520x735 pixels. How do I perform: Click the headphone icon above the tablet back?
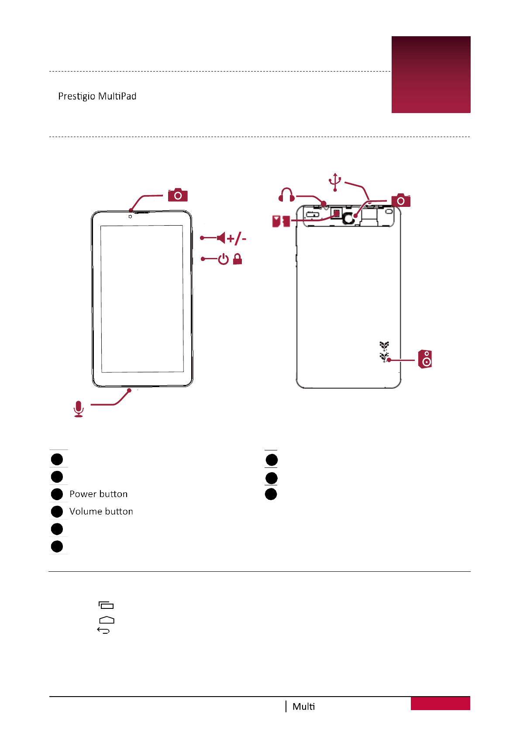[x=286, y=195]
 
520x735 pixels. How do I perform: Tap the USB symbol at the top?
[x=335, y=182]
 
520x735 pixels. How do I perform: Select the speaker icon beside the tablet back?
[x=425, y=359]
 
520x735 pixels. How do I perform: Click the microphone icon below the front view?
[x=79, y=409]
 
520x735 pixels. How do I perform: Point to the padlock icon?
[x=238, y=259]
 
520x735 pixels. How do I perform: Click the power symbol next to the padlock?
[x=223, y=259]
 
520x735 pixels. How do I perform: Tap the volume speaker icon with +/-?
[x=221, y=238]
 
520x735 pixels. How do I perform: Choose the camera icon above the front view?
[x=178, y=195]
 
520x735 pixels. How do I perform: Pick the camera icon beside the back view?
[x=401, y=200]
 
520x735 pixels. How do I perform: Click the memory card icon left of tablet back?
[x=281, y=221]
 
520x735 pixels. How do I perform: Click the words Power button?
[x=98, y=494]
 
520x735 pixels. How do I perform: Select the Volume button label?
[x=101, y=512]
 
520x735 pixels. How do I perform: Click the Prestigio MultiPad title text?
[x=97, y=96]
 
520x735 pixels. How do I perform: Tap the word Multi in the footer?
[x=303, y=707]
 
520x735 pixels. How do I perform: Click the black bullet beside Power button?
[x=57, y=494]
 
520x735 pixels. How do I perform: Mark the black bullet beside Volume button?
[x=57, y=512]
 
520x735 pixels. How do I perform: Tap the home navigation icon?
[x=107, y=620]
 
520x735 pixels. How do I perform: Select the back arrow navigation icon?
[x=103, y=630]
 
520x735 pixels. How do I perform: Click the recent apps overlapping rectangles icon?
[x=106, y=605]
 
